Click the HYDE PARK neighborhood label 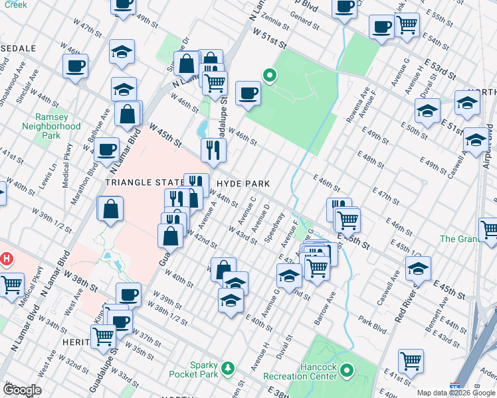tap(241, 183)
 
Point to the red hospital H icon tap(7, 258)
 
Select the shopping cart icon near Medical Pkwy tap(12, 285)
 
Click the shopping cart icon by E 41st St tap(411, 361)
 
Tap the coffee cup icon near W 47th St tap(75, 66)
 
